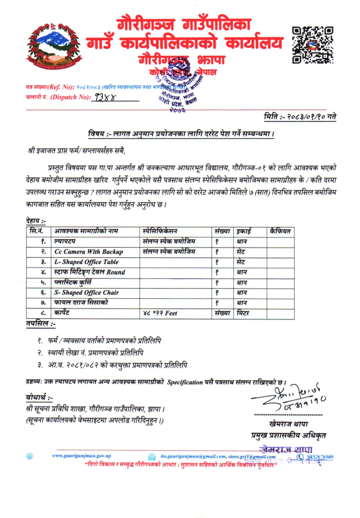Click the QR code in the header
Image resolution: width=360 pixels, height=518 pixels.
(x=312, y=44)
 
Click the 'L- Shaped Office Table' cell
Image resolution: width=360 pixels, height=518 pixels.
(x=86, y=262)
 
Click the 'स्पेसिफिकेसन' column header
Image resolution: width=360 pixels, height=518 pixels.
(x=160, y=231)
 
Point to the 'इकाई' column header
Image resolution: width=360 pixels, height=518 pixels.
(x=245, y=231)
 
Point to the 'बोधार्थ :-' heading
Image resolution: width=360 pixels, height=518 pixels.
(x=39, y=397)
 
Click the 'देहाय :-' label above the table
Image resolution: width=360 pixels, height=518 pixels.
(x=36, y=221)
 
